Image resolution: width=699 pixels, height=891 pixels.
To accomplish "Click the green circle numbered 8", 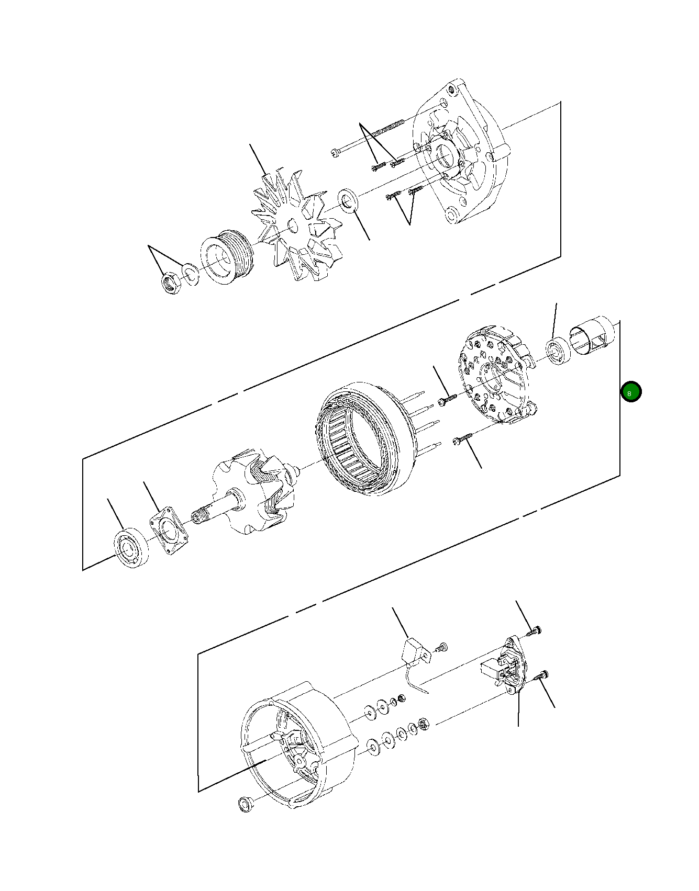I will [x=631, y=392].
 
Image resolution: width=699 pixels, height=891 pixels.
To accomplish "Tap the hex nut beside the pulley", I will [x=171, y=283].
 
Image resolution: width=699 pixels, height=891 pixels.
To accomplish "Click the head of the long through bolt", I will [x=335, y=153].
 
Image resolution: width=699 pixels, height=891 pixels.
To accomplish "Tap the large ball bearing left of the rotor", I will [x=131, y=549].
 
